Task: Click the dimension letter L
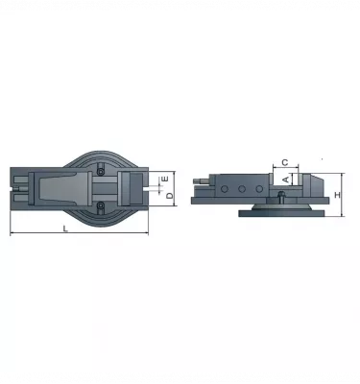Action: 64,228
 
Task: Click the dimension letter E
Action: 164,179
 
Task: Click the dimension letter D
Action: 170,196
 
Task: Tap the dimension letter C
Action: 285,161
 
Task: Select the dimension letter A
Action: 284,180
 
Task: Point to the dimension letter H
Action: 338,195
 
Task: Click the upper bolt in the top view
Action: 99,169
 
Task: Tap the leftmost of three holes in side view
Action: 223,190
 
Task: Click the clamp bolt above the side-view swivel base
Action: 279,197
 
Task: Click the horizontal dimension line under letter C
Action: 285,167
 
